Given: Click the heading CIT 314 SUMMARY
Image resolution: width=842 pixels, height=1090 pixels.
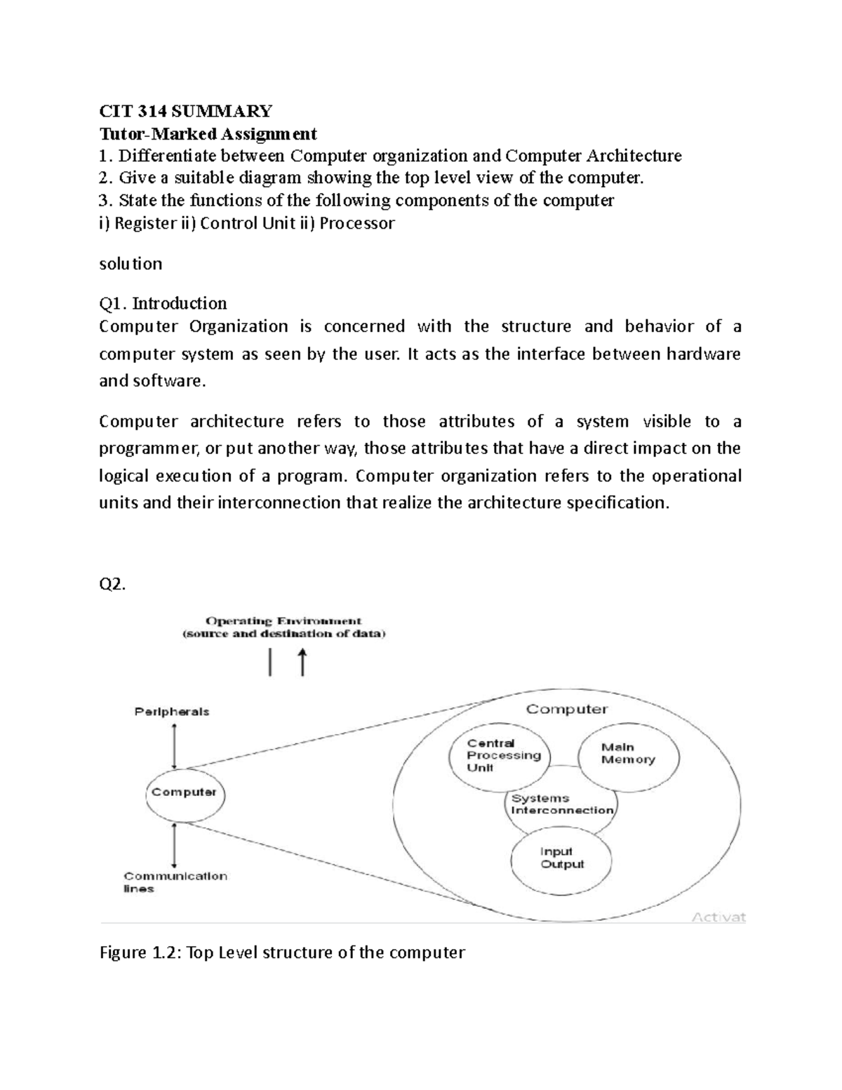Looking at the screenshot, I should click(185, 111).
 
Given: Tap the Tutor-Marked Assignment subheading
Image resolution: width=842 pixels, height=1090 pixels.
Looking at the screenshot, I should click(208, 133).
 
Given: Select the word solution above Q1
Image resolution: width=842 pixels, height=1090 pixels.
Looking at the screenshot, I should click(131, 264).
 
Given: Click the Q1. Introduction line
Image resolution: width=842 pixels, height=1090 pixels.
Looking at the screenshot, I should click(163, 303).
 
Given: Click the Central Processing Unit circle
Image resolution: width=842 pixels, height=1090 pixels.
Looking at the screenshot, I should click(500, 755).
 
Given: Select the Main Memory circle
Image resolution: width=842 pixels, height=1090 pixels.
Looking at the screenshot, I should click(628, 754).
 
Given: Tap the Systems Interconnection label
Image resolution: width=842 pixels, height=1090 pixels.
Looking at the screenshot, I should click(562, 804).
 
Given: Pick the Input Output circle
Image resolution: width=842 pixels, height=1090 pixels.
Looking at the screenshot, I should click(561, 858).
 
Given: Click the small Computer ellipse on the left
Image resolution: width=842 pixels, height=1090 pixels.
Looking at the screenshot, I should click(184, 792).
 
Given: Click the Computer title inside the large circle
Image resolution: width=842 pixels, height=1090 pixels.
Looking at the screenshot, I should click(567, 709).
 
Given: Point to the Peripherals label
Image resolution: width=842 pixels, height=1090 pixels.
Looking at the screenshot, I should click(172, 712).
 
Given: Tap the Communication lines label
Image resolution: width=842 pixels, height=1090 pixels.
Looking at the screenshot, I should click(175, 882).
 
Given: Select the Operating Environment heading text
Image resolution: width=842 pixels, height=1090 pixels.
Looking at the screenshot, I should click(283, 621).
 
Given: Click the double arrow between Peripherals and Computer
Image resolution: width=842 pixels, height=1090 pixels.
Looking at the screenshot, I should click(174, 745).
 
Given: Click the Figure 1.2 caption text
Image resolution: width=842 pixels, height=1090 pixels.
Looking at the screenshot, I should click(282, 952).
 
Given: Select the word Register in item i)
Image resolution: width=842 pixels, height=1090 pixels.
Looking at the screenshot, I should click(144, 224).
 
